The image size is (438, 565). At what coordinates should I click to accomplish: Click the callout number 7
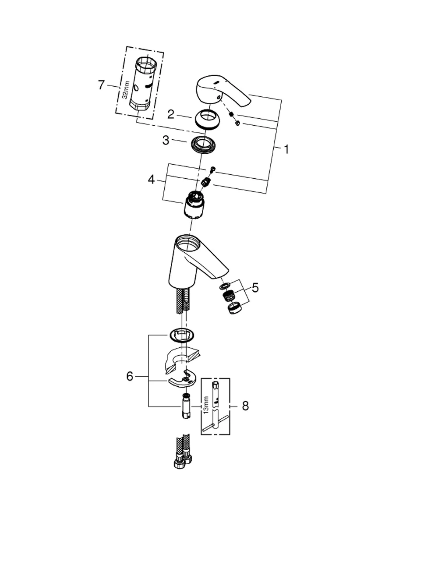pyautogui.click(x=101, y=85)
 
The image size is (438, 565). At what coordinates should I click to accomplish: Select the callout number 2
pyautogui.click(x=171, y=114)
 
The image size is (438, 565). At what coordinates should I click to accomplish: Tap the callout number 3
pyautogui.click(x=166, y=141)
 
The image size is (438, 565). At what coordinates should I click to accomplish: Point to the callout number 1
pyautogui.click(x=286, y=149)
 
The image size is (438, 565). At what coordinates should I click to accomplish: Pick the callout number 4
pyautogui.click(x=151, y=180)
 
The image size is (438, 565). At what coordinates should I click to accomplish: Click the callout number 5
pyautogui.click(x=255, y=288)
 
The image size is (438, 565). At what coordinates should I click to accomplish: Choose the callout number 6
pyautogui.click(x=130, y=376)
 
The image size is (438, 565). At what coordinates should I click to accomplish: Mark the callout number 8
pyautogui.click(x=245, y=406)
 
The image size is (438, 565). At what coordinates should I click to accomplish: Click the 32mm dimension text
pyautogui.click(x=125, y=90)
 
